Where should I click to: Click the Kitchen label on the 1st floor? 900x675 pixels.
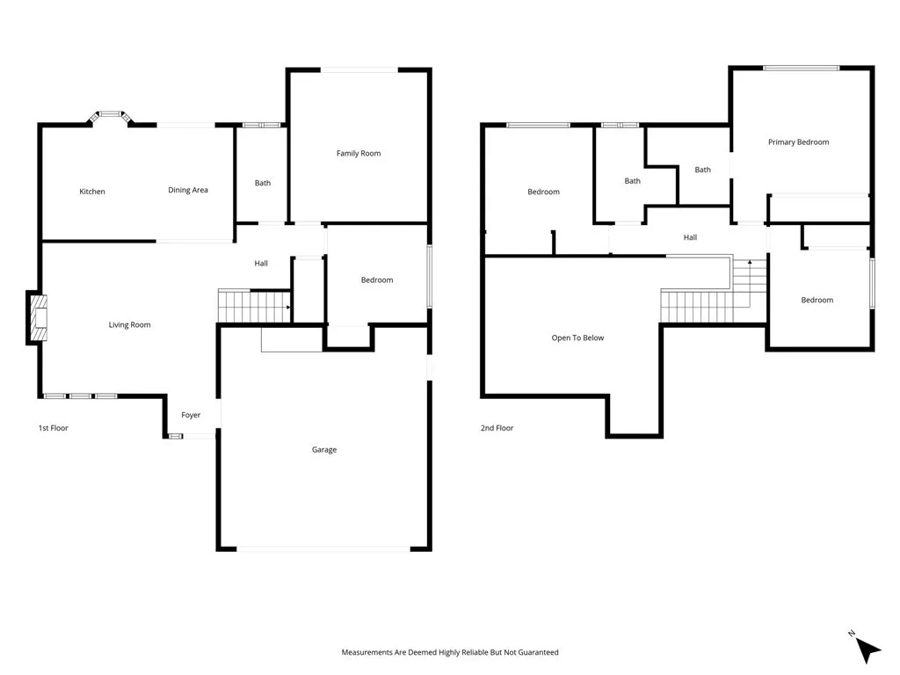point(92,192)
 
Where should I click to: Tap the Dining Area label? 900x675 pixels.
point(188,190)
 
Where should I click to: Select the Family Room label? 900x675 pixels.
point(359,153)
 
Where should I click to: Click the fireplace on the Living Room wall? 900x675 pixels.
point(38,318)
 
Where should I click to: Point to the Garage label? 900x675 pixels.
point(323,450)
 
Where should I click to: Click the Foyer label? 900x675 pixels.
point(191,415)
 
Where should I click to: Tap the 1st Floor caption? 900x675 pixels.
point(53,428)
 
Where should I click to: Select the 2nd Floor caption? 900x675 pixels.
point(497,428)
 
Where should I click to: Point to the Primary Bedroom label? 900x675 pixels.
point(798,142)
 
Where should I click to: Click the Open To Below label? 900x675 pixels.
point(577,337)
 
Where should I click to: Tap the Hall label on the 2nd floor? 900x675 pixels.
point(690,237)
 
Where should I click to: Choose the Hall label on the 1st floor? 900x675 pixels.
point(261,263)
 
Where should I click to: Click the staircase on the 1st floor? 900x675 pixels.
point(252,307)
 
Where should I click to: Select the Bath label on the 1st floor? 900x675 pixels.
point(263,183)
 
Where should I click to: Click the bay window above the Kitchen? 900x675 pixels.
point(110,115)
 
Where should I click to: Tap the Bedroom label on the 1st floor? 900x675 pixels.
point(377,279)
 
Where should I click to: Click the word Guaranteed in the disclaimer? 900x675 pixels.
point(537,652)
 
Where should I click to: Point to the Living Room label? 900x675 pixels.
point(129,325)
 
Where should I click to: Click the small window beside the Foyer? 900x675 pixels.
point(175,436)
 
